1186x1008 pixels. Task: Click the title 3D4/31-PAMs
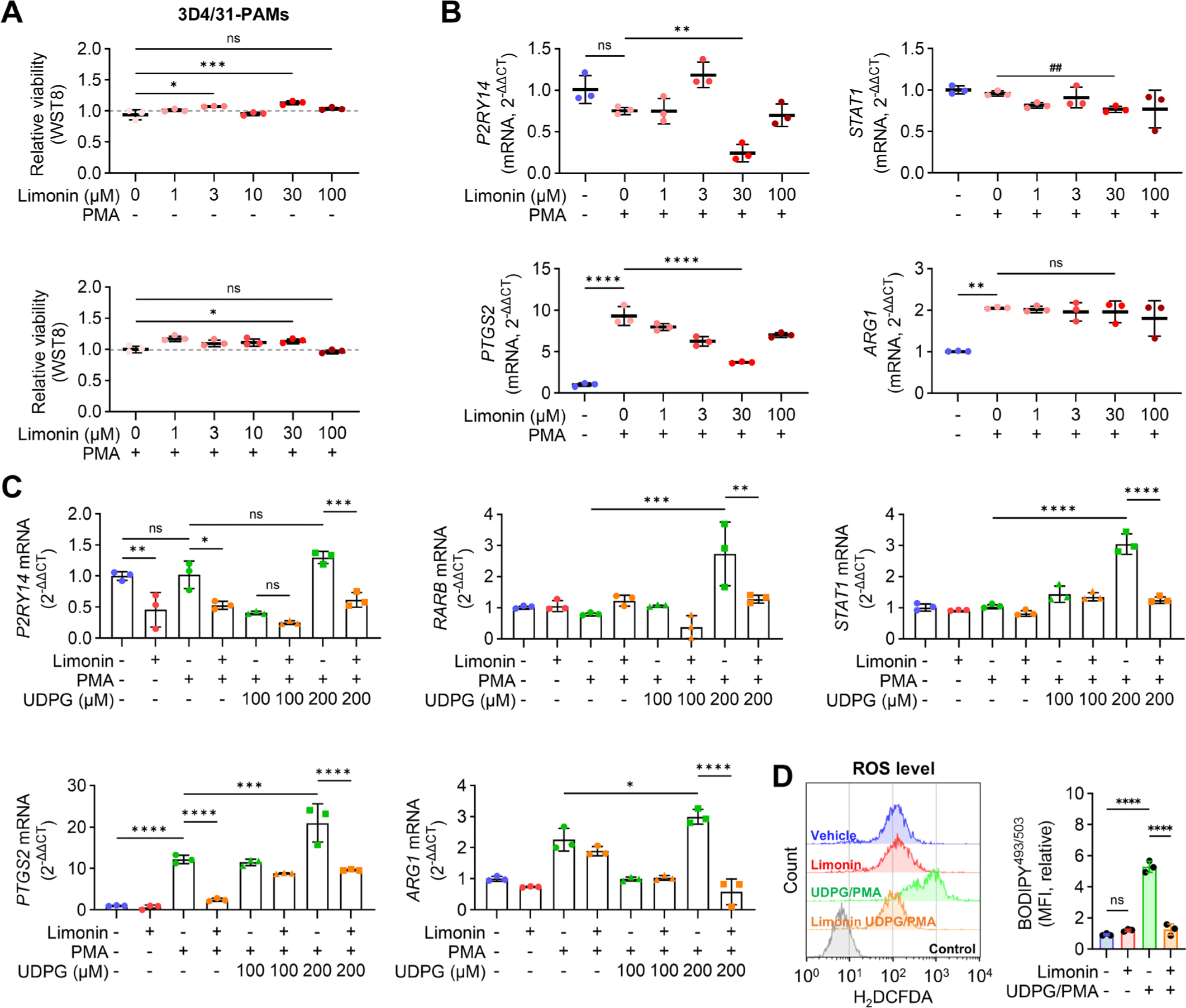233,15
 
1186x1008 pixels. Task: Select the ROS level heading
893,768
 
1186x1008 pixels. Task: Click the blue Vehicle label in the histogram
833,835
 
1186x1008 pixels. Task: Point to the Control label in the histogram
952,949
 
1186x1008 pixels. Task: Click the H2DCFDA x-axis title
893,997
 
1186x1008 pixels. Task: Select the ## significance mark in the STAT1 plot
1055,68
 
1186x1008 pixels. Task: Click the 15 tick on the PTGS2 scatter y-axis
543,269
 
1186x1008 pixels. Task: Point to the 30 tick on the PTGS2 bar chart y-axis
77,786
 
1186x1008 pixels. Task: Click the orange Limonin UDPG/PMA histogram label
873,921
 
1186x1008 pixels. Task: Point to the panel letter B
451,13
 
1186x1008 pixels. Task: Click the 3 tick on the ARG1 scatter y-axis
919,269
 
